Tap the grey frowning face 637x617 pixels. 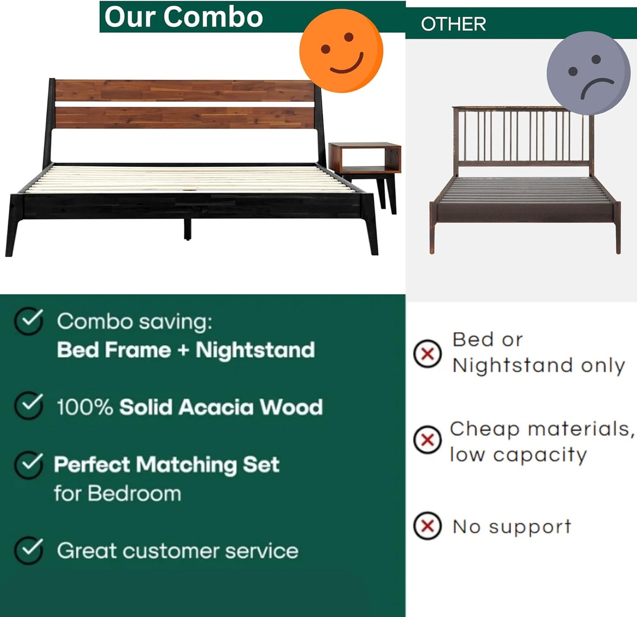(x=588, y=73)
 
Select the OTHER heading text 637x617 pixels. (x=453, y=24)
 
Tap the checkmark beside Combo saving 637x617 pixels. (x=29, y=321)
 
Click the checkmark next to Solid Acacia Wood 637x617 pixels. (x=29, y=405)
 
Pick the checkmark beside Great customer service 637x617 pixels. (x=29, y=550)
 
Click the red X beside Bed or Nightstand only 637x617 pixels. (x=427, y=353)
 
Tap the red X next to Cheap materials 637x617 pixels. (x=427, y=439)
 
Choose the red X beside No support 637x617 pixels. (x=427, y=526)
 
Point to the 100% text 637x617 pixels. (x=85, y=407)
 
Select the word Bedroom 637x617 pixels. (x=134, y=493)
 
